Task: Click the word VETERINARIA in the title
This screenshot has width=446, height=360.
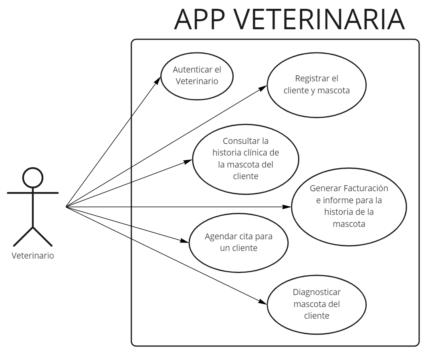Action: [x=319, y=19]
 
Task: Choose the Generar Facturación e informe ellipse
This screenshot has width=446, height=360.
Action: [x=349, y=206]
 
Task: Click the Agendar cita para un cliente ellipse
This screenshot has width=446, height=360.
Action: [x=238, y=242]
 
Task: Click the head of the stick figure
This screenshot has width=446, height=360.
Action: [x=32, y=177]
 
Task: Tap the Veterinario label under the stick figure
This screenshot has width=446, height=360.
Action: [x=32, y=255]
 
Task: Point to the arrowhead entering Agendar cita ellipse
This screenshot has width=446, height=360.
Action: [x=185, y=241]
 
